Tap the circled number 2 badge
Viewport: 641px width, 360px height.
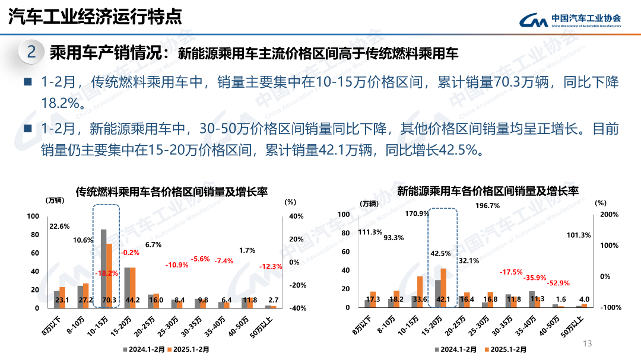31,52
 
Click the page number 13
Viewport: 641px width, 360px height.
588,343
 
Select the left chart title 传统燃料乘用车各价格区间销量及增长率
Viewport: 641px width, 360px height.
172,192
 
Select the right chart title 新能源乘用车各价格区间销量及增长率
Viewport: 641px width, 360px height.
487,191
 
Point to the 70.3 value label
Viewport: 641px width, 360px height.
109,300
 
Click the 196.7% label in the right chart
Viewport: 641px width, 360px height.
487,206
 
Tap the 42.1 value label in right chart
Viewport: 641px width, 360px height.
443,300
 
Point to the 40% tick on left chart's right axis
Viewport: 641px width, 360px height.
296,216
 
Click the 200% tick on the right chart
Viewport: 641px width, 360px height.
610,214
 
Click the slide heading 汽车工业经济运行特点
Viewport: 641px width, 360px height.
95,17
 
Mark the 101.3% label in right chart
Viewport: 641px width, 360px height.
579,235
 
